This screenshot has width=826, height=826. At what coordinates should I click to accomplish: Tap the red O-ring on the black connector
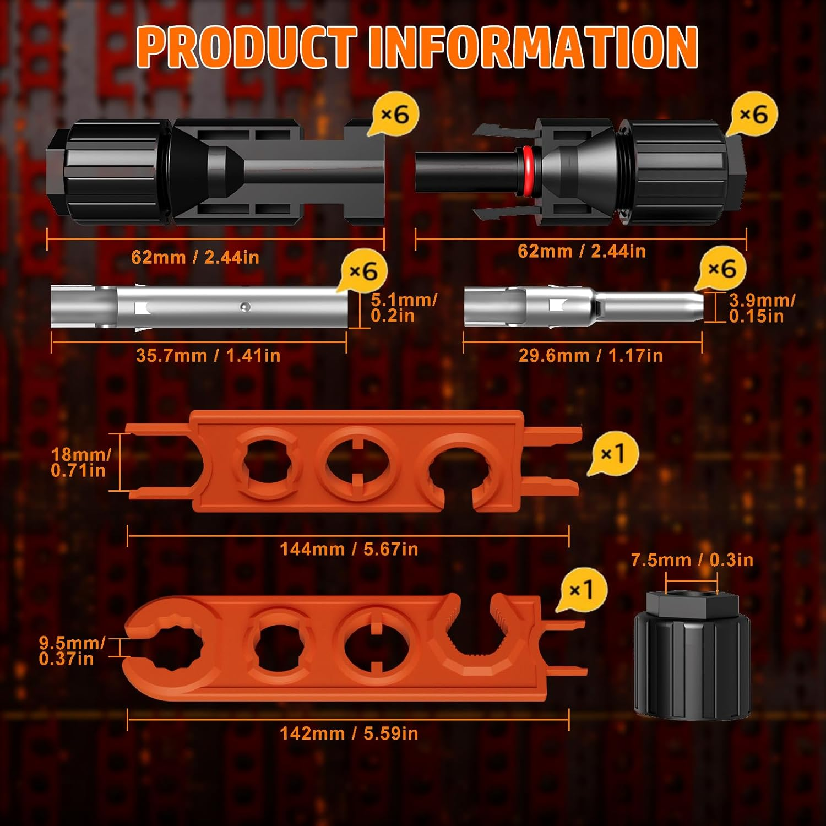[x=527, y=171]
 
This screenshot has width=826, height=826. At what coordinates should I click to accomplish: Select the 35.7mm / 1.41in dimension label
[x=208, y=356]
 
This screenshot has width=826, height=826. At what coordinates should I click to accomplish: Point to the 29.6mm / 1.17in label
[x=590, y=356]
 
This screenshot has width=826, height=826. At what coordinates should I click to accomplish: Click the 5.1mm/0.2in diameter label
[x=404, y=308]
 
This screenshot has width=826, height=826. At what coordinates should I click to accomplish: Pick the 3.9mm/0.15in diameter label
[x=762, y=308]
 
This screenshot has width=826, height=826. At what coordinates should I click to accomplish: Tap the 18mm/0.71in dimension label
[x=81, y=462]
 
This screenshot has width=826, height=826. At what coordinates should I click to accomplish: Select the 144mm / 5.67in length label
[x=349, y=549]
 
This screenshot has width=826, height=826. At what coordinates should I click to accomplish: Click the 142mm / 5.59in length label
[x=349, y=733]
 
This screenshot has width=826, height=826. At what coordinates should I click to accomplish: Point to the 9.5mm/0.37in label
[x=72, y=651]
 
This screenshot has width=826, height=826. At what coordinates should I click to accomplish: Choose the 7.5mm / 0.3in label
[x=692, y=560]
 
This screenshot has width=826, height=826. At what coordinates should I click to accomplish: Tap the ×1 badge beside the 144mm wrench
[x=612, y=454]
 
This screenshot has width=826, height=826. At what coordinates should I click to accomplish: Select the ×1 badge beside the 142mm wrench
[x=582, y=590]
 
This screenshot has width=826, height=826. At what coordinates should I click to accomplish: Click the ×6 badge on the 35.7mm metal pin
[x=363, y=271]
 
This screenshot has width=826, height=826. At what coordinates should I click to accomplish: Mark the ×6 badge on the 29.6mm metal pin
[x=721, y=269]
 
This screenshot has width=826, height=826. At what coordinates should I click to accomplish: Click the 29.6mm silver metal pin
[x=584, y=306]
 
